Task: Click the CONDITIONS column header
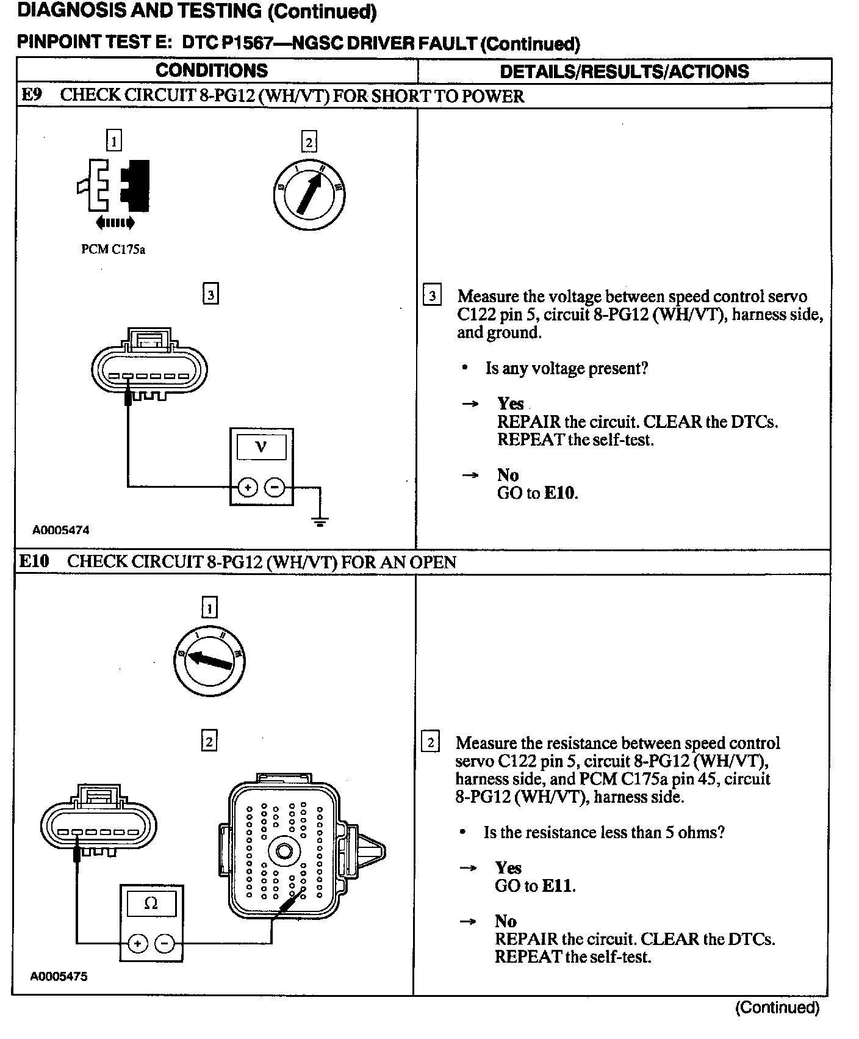pos(212,70)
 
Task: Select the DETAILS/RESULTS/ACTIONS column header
pos(624,71)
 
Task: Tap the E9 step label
pos(32,96)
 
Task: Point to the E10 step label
pos(34,561)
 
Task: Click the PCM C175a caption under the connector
pos(113,250)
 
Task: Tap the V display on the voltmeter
pos(261,447)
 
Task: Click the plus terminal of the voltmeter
pos(248,487)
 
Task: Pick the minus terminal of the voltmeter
pos(275,487)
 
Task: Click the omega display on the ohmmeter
pos(151,903)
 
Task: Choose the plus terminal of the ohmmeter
pos(138,944)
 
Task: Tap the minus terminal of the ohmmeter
pos(165,944)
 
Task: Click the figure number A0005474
pos(61,530)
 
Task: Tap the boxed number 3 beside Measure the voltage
pos(433,297)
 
